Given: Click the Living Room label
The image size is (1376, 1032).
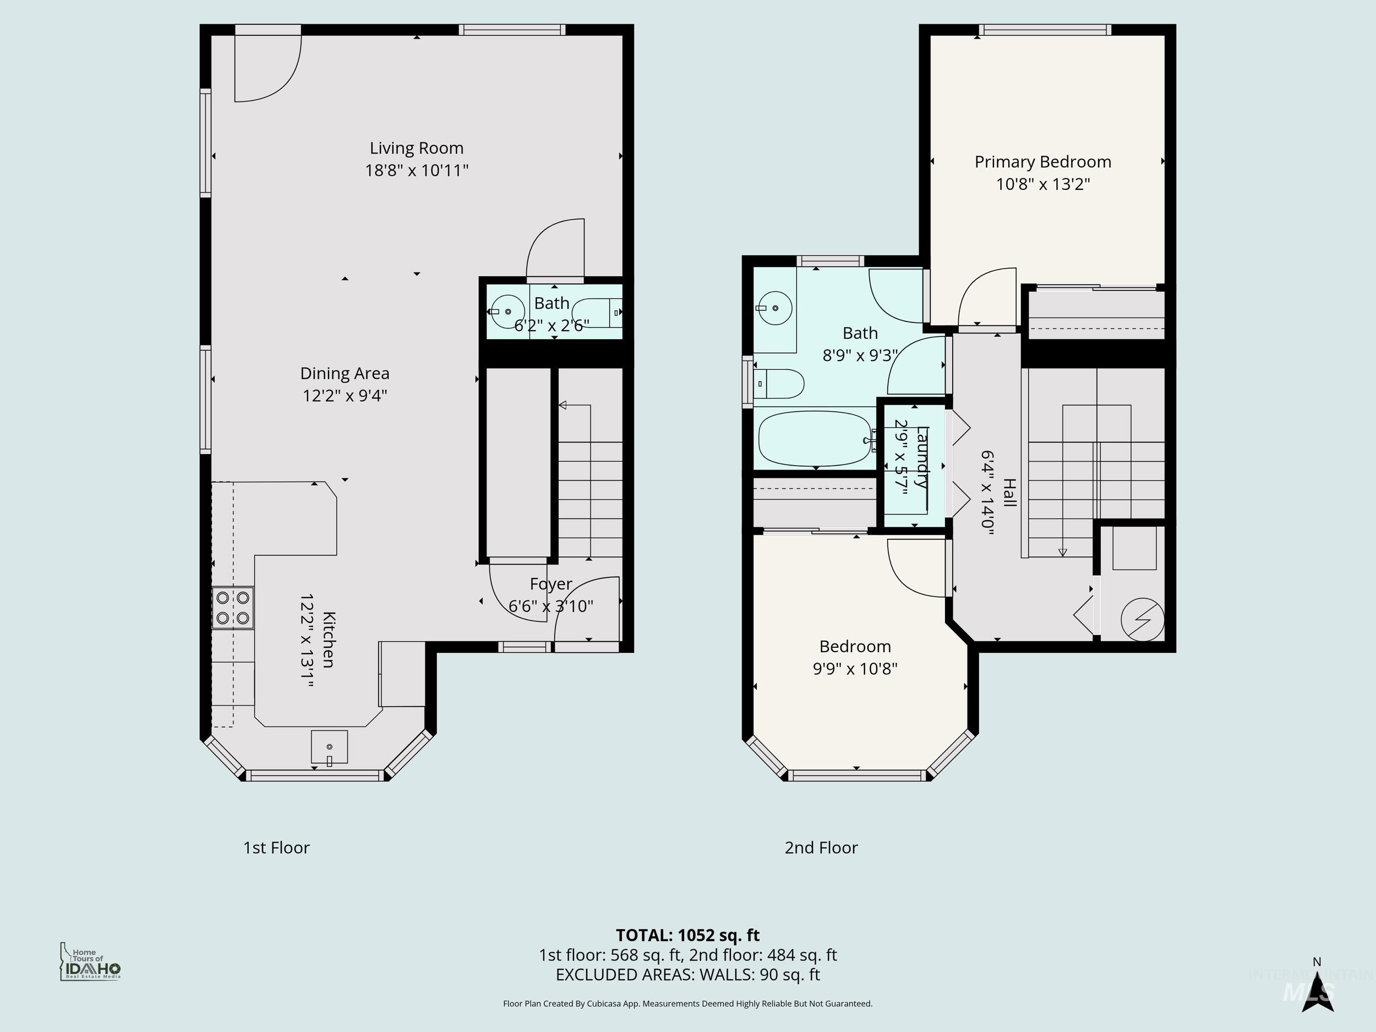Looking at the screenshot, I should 416,148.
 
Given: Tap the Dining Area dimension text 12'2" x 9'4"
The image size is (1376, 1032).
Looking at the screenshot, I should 345,396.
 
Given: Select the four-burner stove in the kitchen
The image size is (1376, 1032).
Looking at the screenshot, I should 233,608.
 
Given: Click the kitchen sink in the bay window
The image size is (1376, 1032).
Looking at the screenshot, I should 329,746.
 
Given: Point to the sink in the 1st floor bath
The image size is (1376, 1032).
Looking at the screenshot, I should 507,311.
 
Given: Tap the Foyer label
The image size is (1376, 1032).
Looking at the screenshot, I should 550,583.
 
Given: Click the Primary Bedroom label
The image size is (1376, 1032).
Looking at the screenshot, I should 1042,162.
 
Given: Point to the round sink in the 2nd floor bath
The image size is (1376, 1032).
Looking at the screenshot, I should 774,308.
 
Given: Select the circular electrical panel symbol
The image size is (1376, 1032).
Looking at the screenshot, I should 1142,620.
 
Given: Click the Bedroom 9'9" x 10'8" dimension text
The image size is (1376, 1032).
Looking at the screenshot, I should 855,669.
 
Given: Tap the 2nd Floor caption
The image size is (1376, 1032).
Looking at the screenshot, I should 821,848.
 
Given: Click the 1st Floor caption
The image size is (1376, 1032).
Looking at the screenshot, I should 276,848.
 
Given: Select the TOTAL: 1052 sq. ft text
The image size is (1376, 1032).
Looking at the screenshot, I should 687,935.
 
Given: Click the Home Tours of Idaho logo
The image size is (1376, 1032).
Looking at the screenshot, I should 90,962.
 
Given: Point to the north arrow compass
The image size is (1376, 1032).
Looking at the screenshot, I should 1317,996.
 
